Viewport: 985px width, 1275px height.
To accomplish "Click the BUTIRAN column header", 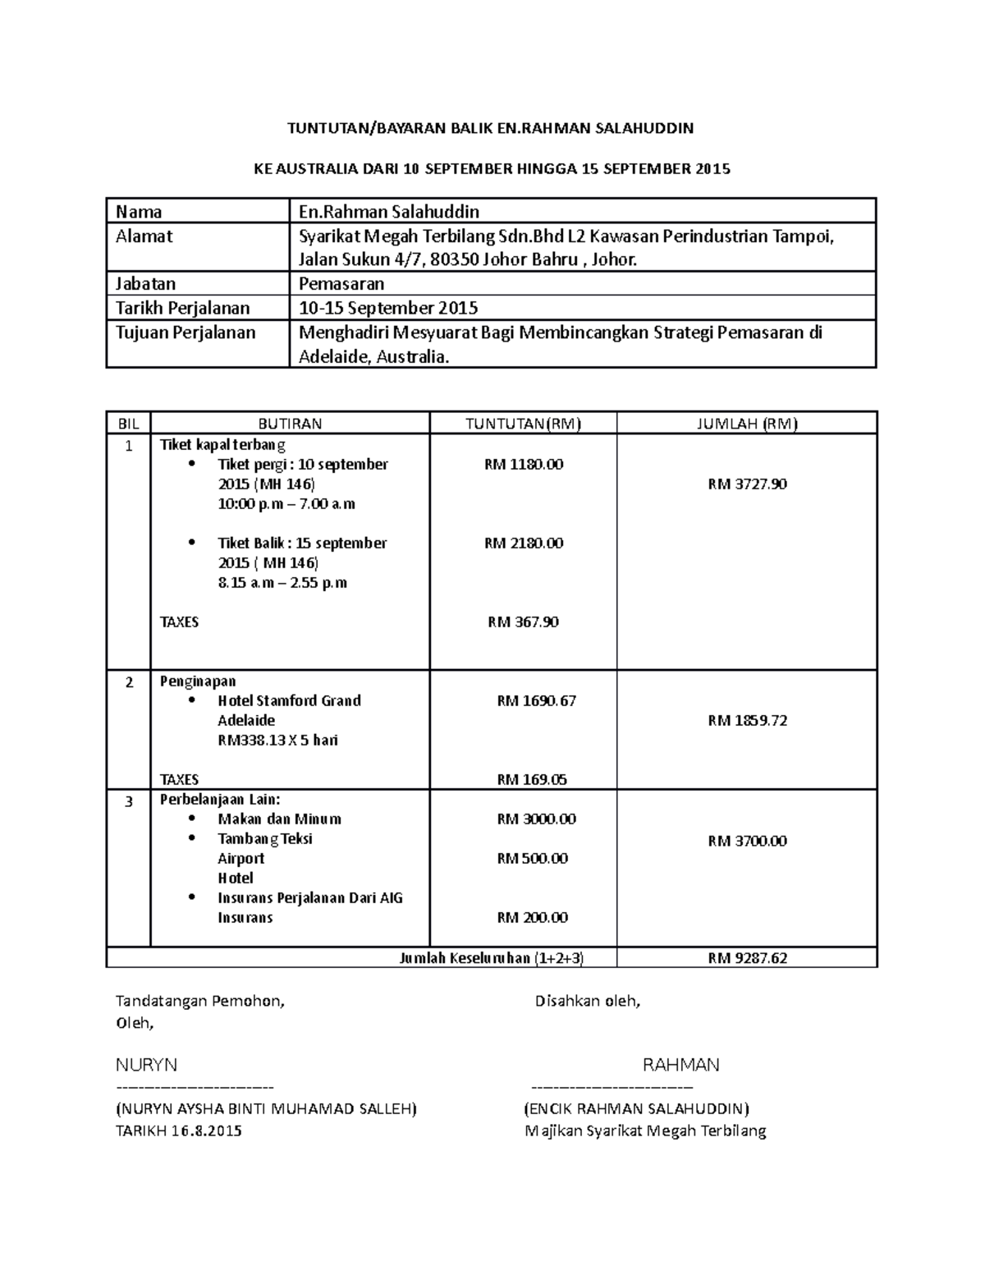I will (x=290, y=424).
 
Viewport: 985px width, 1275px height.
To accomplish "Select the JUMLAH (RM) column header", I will (x=746, y=424).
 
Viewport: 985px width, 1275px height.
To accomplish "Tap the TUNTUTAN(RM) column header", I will (x=523, y=424).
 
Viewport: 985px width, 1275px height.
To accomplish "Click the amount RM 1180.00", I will (x=524, y=465).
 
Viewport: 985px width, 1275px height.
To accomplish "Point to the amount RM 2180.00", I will (x=524, y=543).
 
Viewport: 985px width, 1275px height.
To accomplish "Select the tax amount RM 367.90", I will (x=524, y=622).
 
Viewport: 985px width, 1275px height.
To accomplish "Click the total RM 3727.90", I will (x=747, y=484).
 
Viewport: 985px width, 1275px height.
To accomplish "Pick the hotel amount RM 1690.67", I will (x=536, y=701).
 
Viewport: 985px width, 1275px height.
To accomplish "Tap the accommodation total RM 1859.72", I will (x=747, y=721).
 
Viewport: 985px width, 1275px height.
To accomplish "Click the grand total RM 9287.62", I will (x=747, y=958).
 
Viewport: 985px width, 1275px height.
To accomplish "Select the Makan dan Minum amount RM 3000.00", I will (x=536, y=819).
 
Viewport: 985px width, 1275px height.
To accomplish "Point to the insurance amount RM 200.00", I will (x=532, y=918).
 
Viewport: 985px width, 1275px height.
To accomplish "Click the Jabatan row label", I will (x=145, y=284).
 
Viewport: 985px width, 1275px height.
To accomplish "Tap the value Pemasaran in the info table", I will (x=341, y=284).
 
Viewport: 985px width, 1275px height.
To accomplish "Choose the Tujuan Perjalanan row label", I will (x=185, y=333).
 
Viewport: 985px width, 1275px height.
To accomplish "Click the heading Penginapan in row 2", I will (x=198, y=681).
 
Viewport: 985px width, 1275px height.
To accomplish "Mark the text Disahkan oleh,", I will (x=588, y=1002).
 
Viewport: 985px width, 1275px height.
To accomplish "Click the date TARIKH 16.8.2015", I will (x=179, y=1131).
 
